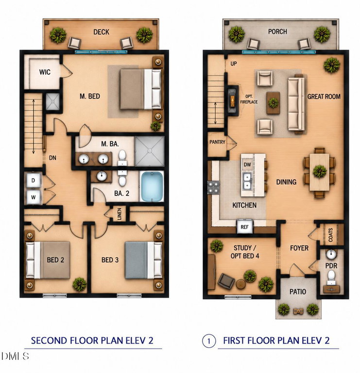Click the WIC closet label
pyautogui.click(x=45, y=72)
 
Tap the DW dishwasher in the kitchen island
pyautogui.click(x=247, y=164)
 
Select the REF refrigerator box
pyautogui.click(x=244, y=227)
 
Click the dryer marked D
pyautogui.click(x=34, y=180)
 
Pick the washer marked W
pyautogui.click(x=34, y=197)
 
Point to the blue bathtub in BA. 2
pyautogui.click(x=152, y=186)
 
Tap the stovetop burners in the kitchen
pyautogui.click(x=214, y=187)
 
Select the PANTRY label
pyautogui.click(x=217, y=142)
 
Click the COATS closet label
pyautogui.click(x=330, y=235)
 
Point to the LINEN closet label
pyautogui.click(x=120, y=214)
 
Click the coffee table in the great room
pyautogui.click(x=273, y=103)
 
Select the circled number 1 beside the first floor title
pyautogui.click(x=209, y=341)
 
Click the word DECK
pyautogui.click(x=102, y=32)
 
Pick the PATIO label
pyautogui.click(x=298, y=291)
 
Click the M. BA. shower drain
pyautogui.click(x=150, y=151)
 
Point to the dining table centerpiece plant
pyautogui.click(x=320, y=171)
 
